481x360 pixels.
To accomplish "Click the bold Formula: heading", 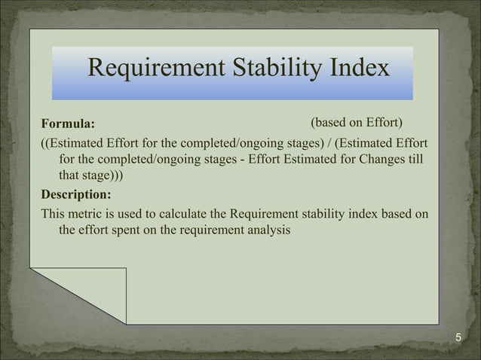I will [69, 124].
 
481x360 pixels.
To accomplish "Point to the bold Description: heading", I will [75, 194].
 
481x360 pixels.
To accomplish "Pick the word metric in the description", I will [85, 214].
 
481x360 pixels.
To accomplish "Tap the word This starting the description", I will [54, 214].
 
